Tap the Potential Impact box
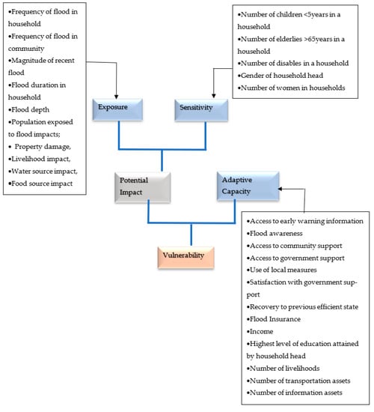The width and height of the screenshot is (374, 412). click(x=142, y=187)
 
